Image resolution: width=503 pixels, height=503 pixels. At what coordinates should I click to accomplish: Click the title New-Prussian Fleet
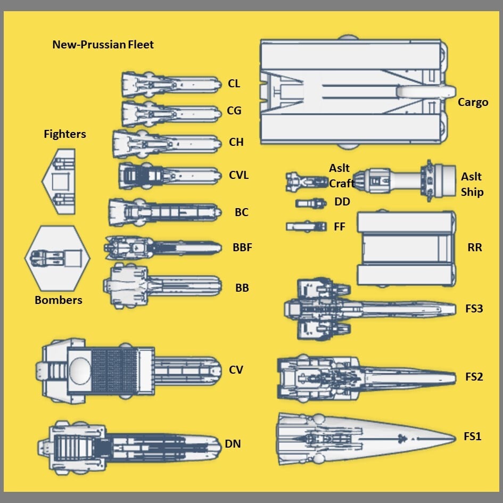click(x=103, y=45)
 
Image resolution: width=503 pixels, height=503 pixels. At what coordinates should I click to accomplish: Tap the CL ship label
click(x=234, y=84)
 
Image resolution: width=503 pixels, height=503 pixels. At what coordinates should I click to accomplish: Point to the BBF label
click(x=242, y=248)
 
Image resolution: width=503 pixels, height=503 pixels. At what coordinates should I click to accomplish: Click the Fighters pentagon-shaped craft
click(x=60, y=182)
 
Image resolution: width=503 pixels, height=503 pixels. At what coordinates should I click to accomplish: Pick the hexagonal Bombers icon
click(x=57, y=258)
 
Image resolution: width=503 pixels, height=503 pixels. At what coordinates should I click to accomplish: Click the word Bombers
click(x=59, y=300)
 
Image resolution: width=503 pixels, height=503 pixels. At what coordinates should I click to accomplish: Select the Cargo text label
click(x=473, y=102)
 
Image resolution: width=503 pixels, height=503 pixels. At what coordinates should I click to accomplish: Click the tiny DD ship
click(x=311, y=203)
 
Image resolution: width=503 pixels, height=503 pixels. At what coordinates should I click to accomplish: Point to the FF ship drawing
click(x=306, y=226)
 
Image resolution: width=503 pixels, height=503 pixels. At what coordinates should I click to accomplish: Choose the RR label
click(x=474, y=248)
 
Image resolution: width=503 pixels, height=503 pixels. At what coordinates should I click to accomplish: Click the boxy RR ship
click(x=406, y=249)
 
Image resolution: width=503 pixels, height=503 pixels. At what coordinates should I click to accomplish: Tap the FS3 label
click(x=474, y=308)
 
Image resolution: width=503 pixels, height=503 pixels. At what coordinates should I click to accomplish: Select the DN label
click(x=233, y=443)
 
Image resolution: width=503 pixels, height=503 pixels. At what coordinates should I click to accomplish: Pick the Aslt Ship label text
click(x=472, y=184)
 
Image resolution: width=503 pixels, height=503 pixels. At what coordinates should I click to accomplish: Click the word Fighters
click(x=65, y=134)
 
